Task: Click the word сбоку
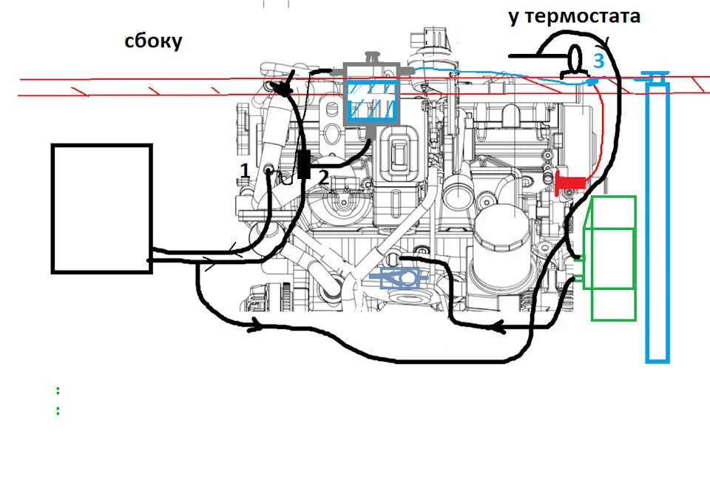point(153,41)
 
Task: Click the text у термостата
point(574,16)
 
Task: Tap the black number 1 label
point(244,171)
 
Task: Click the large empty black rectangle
point(101,209)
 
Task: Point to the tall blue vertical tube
point(657,222)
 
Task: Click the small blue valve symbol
point(399,279)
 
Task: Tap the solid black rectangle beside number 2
point(304,165)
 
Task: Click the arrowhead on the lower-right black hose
point(500,325)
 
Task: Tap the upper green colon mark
point(58,389)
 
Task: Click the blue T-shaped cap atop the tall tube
point(655,75)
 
